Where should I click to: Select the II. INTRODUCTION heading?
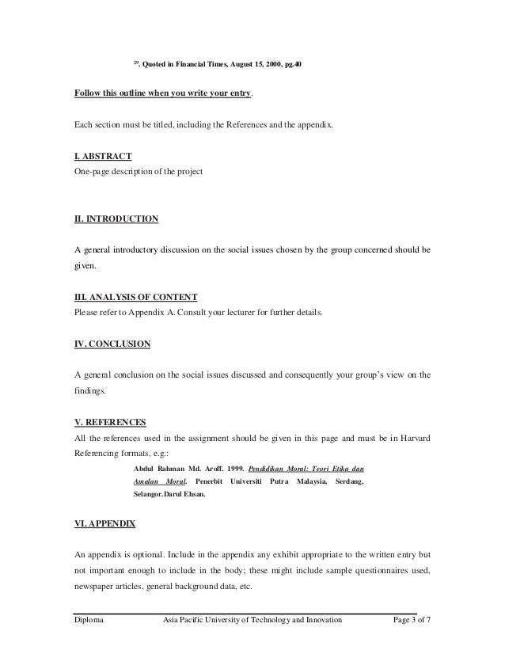click(x=116, y=219)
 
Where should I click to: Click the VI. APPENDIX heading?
click(x=104, y=502)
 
